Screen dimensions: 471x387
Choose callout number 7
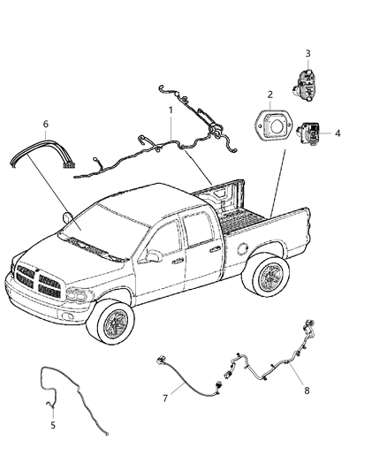point(165,399)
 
